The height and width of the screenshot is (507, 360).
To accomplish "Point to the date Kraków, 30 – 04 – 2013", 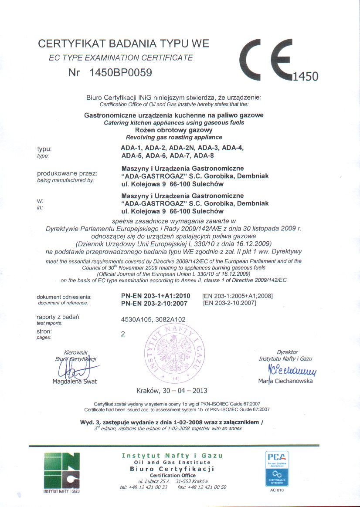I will (172, 390).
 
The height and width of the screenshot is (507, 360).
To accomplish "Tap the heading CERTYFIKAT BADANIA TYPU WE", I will (124, 44).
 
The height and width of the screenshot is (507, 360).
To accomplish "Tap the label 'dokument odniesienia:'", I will (64, 297).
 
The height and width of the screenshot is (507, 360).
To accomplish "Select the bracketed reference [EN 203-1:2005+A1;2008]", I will (238, 296).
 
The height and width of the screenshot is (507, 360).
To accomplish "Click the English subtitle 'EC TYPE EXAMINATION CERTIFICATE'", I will (121, 57).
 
